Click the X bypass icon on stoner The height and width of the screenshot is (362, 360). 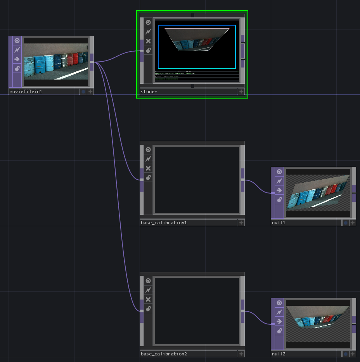point(148,41)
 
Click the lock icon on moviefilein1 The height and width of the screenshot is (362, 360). point(17,69)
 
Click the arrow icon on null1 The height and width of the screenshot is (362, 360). point(279,191)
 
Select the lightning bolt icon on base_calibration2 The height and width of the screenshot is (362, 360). point(148,290)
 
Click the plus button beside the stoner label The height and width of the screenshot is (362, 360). point(241,92)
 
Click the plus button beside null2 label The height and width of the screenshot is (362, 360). point(352,354)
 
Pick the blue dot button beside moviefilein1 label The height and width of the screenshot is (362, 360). point(83,92)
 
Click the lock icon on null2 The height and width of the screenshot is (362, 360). point(279,331)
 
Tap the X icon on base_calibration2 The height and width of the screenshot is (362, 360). point(148,299)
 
